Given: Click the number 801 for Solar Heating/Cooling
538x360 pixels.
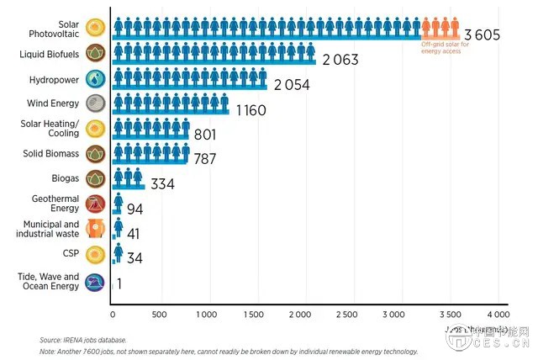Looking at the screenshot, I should [x=205, y=135].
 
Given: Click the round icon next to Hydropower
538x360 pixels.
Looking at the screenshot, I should [x=95, y=78].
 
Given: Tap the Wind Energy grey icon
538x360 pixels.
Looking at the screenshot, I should [x=95, y=103].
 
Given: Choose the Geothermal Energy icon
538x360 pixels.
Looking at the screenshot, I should [x=95, y=204].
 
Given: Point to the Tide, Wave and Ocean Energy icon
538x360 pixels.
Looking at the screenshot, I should [x=95, y=281].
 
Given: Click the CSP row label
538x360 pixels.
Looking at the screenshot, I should [x=71, y=252].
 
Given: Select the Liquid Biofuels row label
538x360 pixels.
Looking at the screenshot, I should [x=50, y=54].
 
